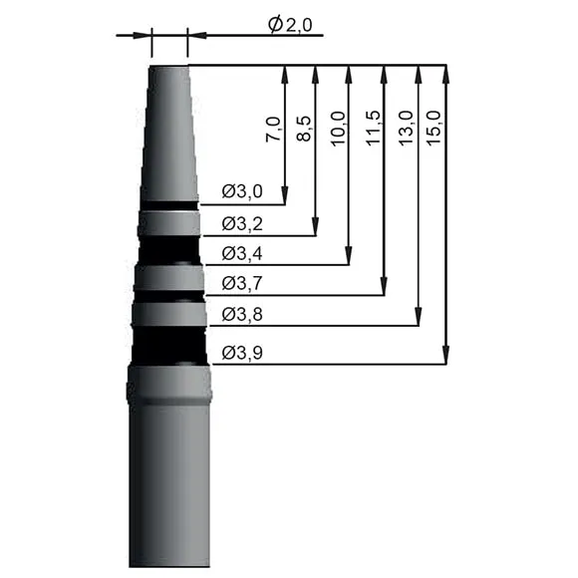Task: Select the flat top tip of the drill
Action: [168, 68]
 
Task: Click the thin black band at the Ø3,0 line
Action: [168, 205]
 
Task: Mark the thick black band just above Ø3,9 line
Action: [169, 345]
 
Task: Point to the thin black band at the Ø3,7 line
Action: [169, 295]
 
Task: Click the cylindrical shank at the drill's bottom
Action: [169, 488]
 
